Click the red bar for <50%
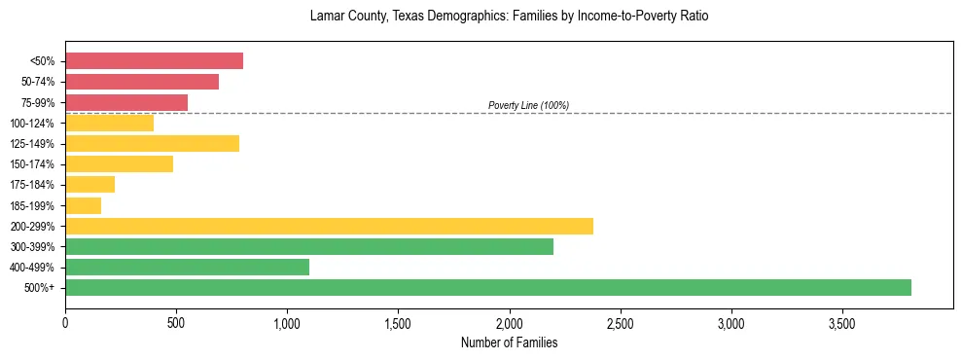click(154, 61)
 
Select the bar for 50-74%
click(142, 82)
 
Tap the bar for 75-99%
click(126, 102)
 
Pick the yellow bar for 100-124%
click(109, 123)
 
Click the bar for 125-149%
click(152, 144)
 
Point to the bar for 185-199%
click(83, 205)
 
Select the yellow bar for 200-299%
click(329, 226)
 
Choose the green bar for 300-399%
click(309, 246)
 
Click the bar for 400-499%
click(187, 267)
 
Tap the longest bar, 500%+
click(488, 287)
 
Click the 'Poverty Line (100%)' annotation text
click(528, 105)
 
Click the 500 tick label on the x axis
click(176, 323)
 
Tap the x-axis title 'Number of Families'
click(509, 342)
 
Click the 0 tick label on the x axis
click(65, 323)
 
